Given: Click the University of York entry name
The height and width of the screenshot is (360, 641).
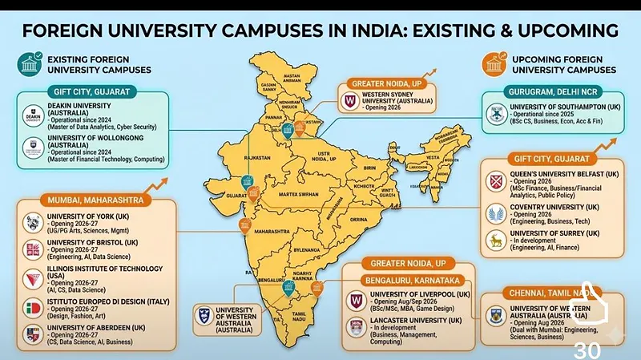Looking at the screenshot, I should coord(89,216).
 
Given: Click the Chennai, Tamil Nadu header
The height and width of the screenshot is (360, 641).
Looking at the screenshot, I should coord(538,293).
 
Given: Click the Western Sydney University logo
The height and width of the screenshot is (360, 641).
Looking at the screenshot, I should coord(349,102).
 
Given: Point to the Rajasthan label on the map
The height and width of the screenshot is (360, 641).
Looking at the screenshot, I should coord(258,158).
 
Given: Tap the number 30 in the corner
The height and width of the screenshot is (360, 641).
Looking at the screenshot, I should coord(588,350).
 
